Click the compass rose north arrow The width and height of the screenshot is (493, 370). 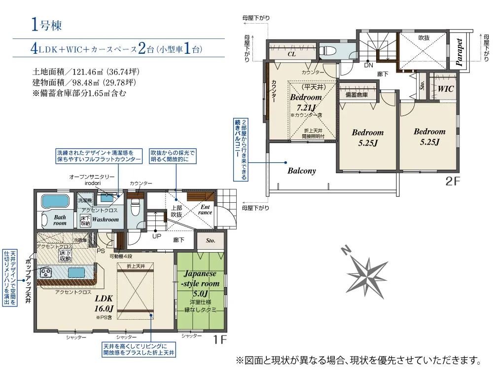[368, 271]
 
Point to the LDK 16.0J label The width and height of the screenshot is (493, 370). [104, 303]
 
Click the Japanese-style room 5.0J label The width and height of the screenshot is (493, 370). [201, 284]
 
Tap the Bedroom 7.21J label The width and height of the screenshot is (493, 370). [306, 102]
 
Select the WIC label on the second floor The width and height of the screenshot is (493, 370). [446, 89]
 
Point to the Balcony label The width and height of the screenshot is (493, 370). [301, 171]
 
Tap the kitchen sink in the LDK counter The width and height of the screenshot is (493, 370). [77, 272]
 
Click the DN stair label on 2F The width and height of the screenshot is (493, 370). [368, 65]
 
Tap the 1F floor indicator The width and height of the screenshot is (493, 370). [220, 339]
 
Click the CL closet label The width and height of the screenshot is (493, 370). [291, 54]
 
